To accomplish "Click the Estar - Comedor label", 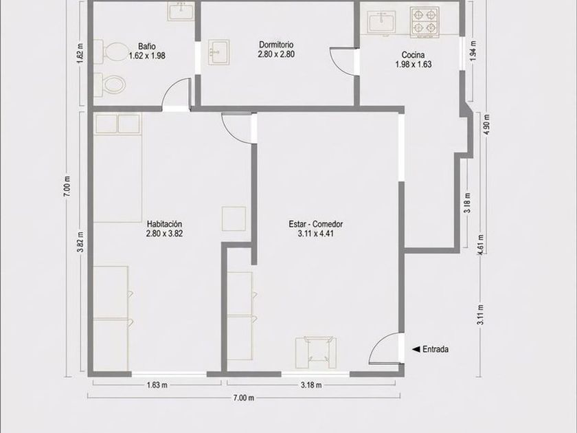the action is [316, 224].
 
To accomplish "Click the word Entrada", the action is [435, 349].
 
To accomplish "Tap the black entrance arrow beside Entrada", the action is [416, 349].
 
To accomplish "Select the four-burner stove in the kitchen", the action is [425, 22].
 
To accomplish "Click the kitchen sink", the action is [382, 21].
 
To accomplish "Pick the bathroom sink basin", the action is [181, 11].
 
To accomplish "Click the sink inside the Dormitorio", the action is [218, 52].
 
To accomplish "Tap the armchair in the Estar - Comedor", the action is [316, 353].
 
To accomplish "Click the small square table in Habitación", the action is [234, 219].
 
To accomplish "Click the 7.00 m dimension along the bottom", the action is [244, 398].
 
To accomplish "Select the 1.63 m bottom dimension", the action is [157, 385].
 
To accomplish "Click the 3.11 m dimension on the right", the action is [480, 315].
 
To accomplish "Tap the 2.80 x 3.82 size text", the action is [164, 234].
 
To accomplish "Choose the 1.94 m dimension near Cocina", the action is [473, 50].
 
